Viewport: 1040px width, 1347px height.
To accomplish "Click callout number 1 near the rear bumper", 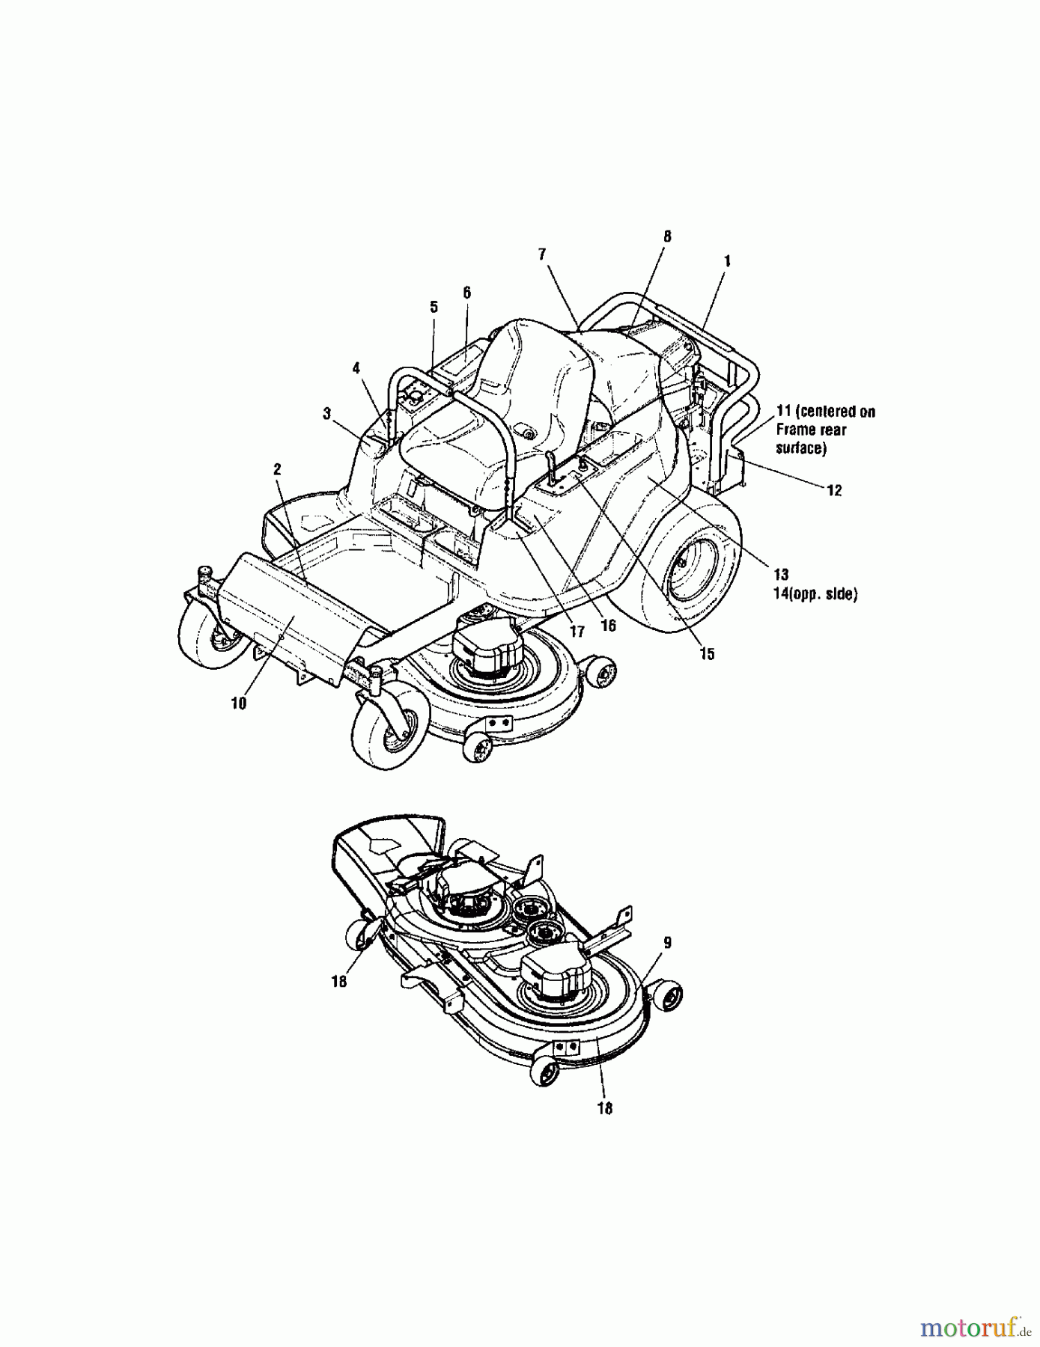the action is pos(726,261).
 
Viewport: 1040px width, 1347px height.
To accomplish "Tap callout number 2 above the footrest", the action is pos(277,469).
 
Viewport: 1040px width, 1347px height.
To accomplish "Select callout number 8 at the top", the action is pos(667,236).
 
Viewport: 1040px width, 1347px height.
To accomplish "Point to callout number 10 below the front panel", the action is pos(238,703).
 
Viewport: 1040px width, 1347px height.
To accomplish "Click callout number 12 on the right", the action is pos(834,490).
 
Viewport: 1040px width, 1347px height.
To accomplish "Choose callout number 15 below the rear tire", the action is pos(707,654).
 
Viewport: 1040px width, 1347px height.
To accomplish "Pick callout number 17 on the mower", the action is pos(577,632).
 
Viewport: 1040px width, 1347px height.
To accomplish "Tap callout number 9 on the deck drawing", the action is pos(667,943).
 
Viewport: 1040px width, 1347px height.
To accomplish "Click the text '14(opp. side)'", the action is pos(815,594).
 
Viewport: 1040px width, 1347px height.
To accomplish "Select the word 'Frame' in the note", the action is pos(792,430).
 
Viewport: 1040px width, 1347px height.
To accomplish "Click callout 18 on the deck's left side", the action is pos(339,981).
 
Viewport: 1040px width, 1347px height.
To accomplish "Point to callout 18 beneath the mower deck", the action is pos(604,1108).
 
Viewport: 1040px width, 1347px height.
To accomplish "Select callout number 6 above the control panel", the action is pos(466,293).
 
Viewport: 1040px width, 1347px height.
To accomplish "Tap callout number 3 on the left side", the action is pos(326,414).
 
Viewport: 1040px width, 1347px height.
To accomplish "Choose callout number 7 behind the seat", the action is pos(542,254).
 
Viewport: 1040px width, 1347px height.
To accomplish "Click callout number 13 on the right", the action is pos(781,575).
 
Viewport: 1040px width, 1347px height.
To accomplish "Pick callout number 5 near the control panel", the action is pos(434,307).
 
